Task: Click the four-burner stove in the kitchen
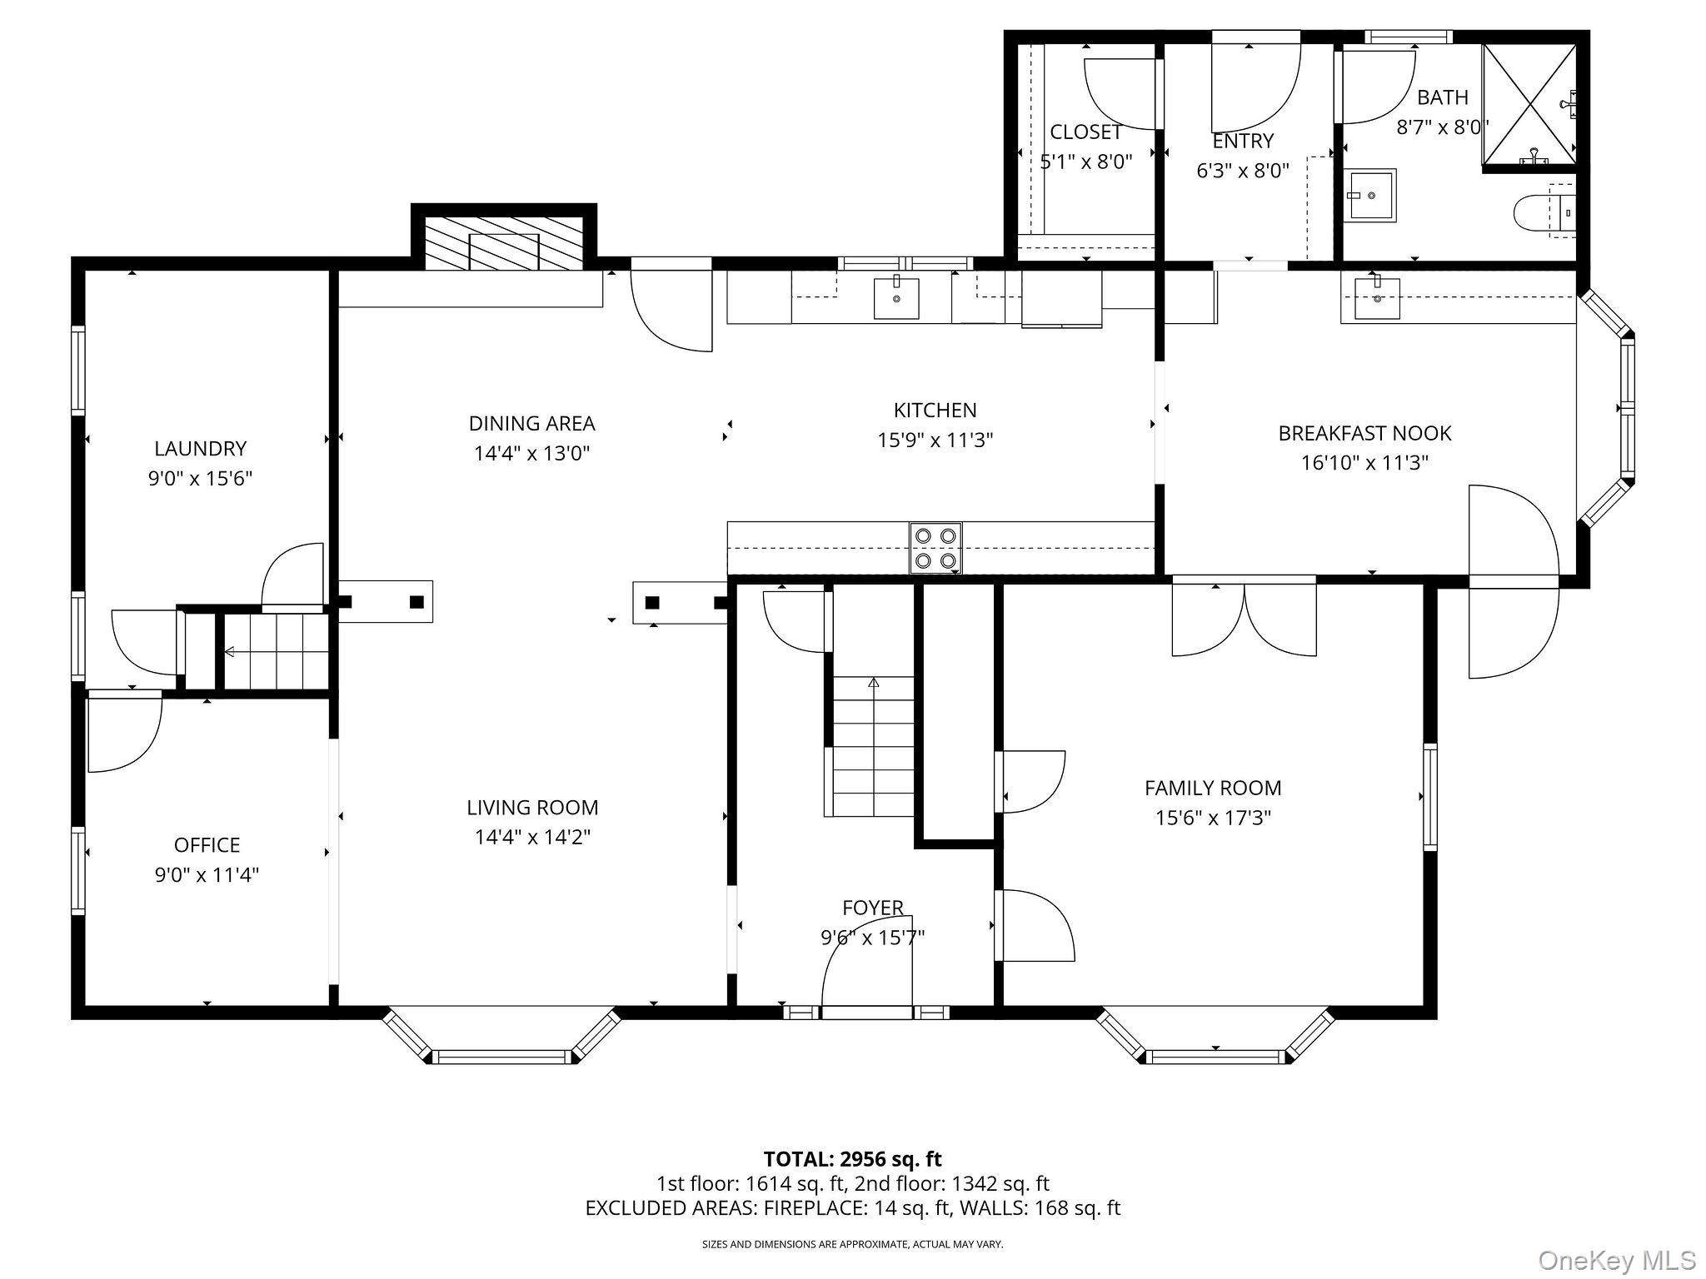coord(935,548)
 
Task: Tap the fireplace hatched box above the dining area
coord(504,242)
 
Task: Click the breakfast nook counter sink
coord(1377,297)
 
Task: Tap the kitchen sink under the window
coord(896,297)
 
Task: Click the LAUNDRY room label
coord(201,449)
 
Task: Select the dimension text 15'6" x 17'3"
coord(1213,818)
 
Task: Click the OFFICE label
coord(207,845)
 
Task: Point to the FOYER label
coord(873,908)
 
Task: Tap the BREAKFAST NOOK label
coord(1365,433)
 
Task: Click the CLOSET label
coord(1086,132)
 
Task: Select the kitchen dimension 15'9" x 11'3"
coord(935,440)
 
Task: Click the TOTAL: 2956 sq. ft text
coord(853,1159)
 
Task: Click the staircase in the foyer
coord(872,747)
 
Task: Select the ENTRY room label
coord(1244,141)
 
